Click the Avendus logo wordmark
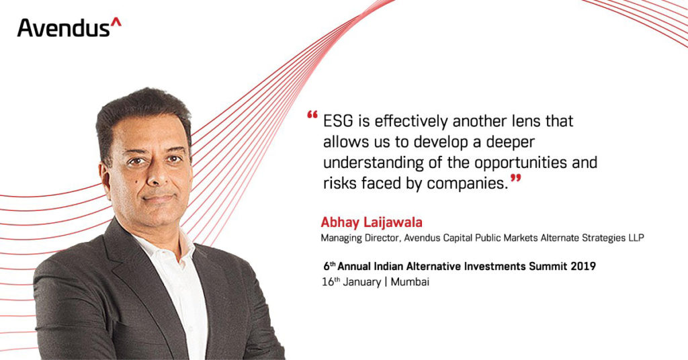tap(69, 27)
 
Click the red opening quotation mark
tap(312, 115)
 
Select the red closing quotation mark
tap(516, 179)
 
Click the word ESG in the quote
tap(339, 121)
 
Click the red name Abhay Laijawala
tap(371, 222)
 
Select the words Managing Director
tap(360, 238)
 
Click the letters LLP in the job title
tap(636, 238)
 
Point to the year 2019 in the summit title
tap(583, 266)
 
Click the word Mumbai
tap(410, 281)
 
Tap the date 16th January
tap(351, 281)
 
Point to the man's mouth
tap(159, 197)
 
